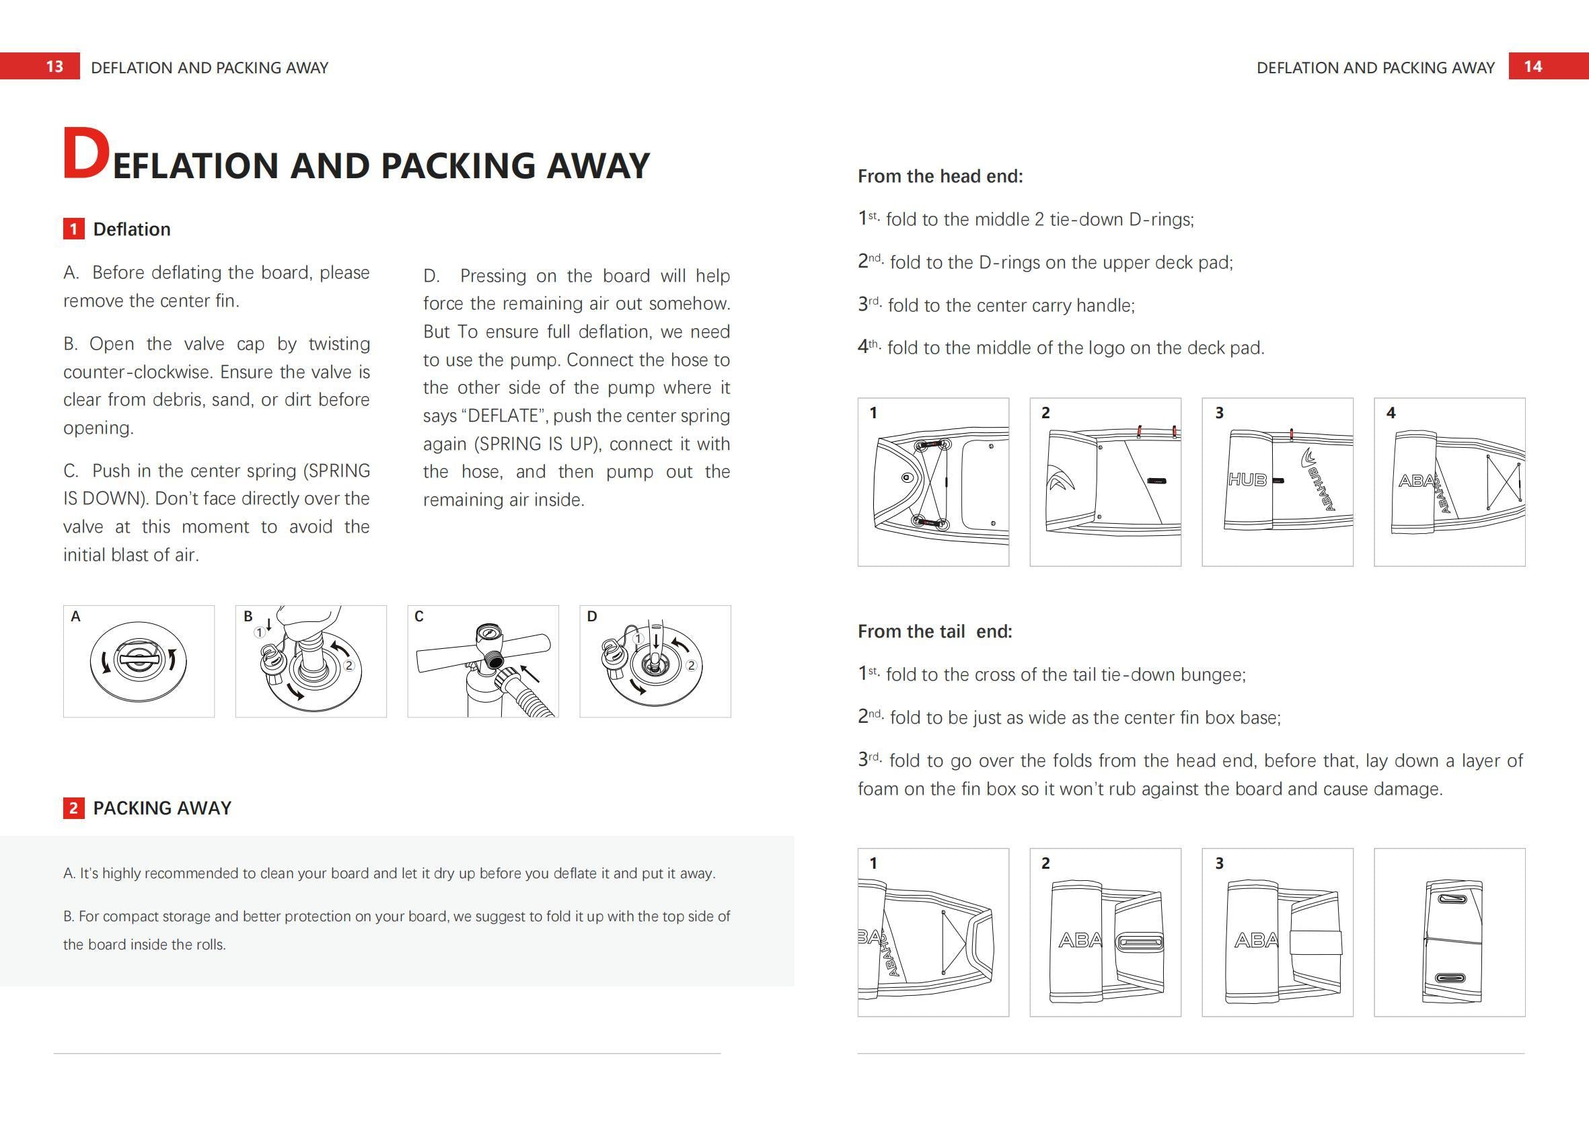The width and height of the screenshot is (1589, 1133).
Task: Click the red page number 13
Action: (x=54, y=67)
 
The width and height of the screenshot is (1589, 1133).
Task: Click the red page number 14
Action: (x=1533, y=67)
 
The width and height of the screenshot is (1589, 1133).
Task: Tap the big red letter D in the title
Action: (x=86, y=154)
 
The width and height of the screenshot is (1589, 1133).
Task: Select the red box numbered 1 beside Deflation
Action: (x=73, y=229)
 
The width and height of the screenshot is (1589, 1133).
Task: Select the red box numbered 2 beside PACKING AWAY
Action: (x=73, y=808)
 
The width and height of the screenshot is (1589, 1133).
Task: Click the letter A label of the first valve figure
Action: (x=75, y=616)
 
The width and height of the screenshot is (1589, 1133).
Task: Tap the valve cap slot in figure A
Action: (x=138, y=658)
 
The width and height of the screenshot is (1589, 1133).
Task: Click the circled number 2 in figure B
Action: (x=349, y=666)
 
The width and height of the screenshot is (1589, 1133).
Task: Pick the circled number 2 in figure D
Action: (x=691, y=666)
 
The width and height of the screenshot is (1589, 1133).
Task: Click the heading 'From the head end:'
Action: (x=940, y=175)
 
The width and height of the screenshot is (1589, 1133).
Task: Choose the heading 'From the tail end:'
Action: (x=934, y=631)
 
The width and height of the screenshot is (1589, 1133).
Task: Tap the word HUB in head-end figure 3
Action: (x=1247, y=480)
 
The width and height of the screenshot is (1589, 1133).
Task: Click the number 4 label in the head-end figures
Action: (x=1391, y=413)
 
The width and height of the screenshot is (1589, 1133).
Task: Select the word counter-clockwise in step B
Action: (x=137, y=372)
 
